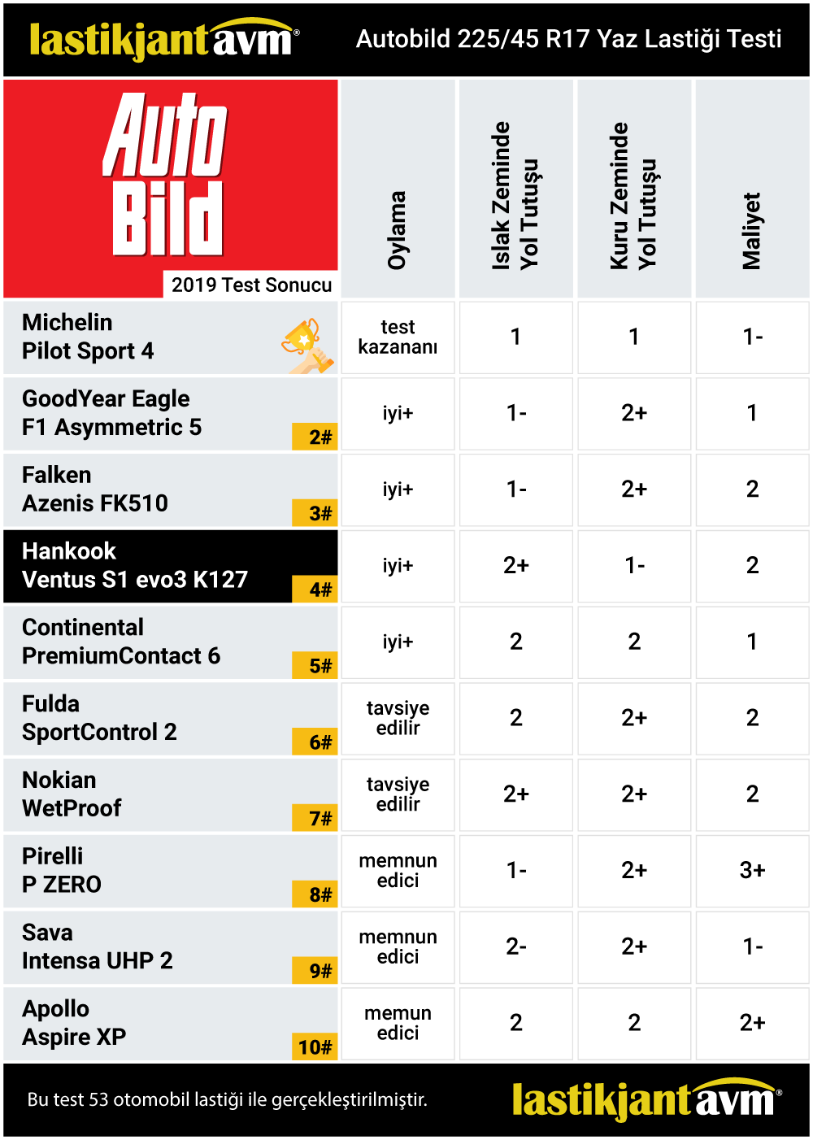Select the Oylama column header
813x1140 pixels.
click(397, 229)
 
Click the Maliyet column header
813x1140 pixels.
click(752, 231)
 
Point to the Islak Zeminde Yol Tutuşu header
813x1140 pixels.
click(515, 195)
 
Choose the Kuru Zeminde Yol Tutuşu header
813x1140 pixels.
click(633, 195)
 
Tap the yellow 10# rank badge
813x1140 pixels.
click(315, 1046)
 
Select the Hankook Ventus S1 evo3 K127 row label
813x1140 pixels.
click(135, 566)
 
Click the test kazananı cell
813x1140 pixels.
click(398, 337)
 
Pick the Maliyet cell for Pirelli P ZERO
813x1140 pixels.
click(752, 871)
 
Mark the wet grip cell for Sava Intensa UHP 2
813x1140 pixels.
click(516, 947)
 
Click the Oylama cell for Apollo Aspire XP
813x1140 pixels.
click(398, 1023)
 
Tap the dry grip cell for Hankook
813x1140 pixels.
click(634, 566)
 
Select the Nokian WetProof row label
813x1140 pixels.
click(72, 794)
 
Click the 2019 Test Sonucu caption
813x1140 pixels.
click(251, 285)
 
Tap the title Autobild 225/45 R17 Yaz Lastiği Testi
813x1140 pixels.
click(568, 39)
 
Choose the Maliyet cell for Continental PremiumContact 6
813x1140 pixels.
click(752, 642)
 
